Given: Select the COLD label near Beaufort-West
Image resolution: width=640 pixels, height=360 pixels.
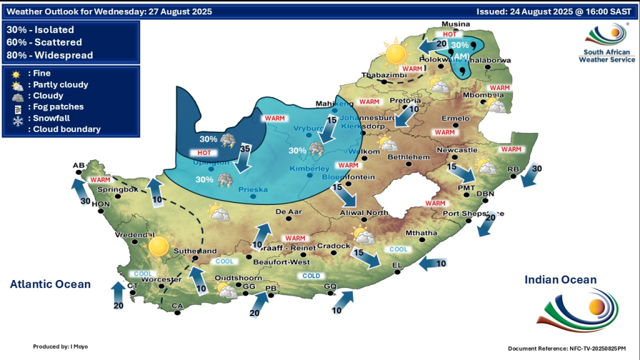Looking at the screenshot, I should (311, 276).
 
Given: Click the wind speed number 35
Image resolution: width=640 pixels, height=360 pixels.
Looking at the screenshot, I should (246, 149).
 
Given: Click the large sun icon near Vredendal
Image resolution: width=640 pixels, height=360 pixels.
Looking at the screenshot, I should (157, 246).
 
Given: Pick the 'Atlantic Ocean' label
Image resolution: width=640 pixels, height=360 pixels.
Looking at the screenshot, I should (50, 284).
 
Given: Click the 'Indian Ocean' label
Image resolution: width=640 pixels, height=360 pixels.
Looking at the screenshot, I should (560, 280).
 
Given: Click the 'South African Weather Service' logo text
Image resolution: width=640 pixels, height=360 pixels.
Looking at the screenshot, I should (607, 56).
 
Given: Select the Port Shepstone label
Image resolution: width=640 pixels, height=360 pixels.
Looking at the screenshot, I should (466, 214).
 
